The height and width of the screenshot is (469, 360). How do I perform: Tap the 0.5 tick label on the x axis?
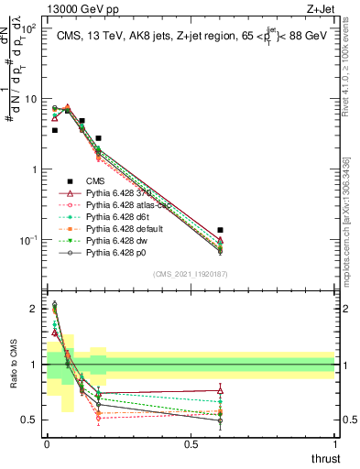pos(191,444)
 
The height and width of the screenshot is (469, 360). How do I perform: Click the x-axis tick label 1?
pos(334,444)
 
